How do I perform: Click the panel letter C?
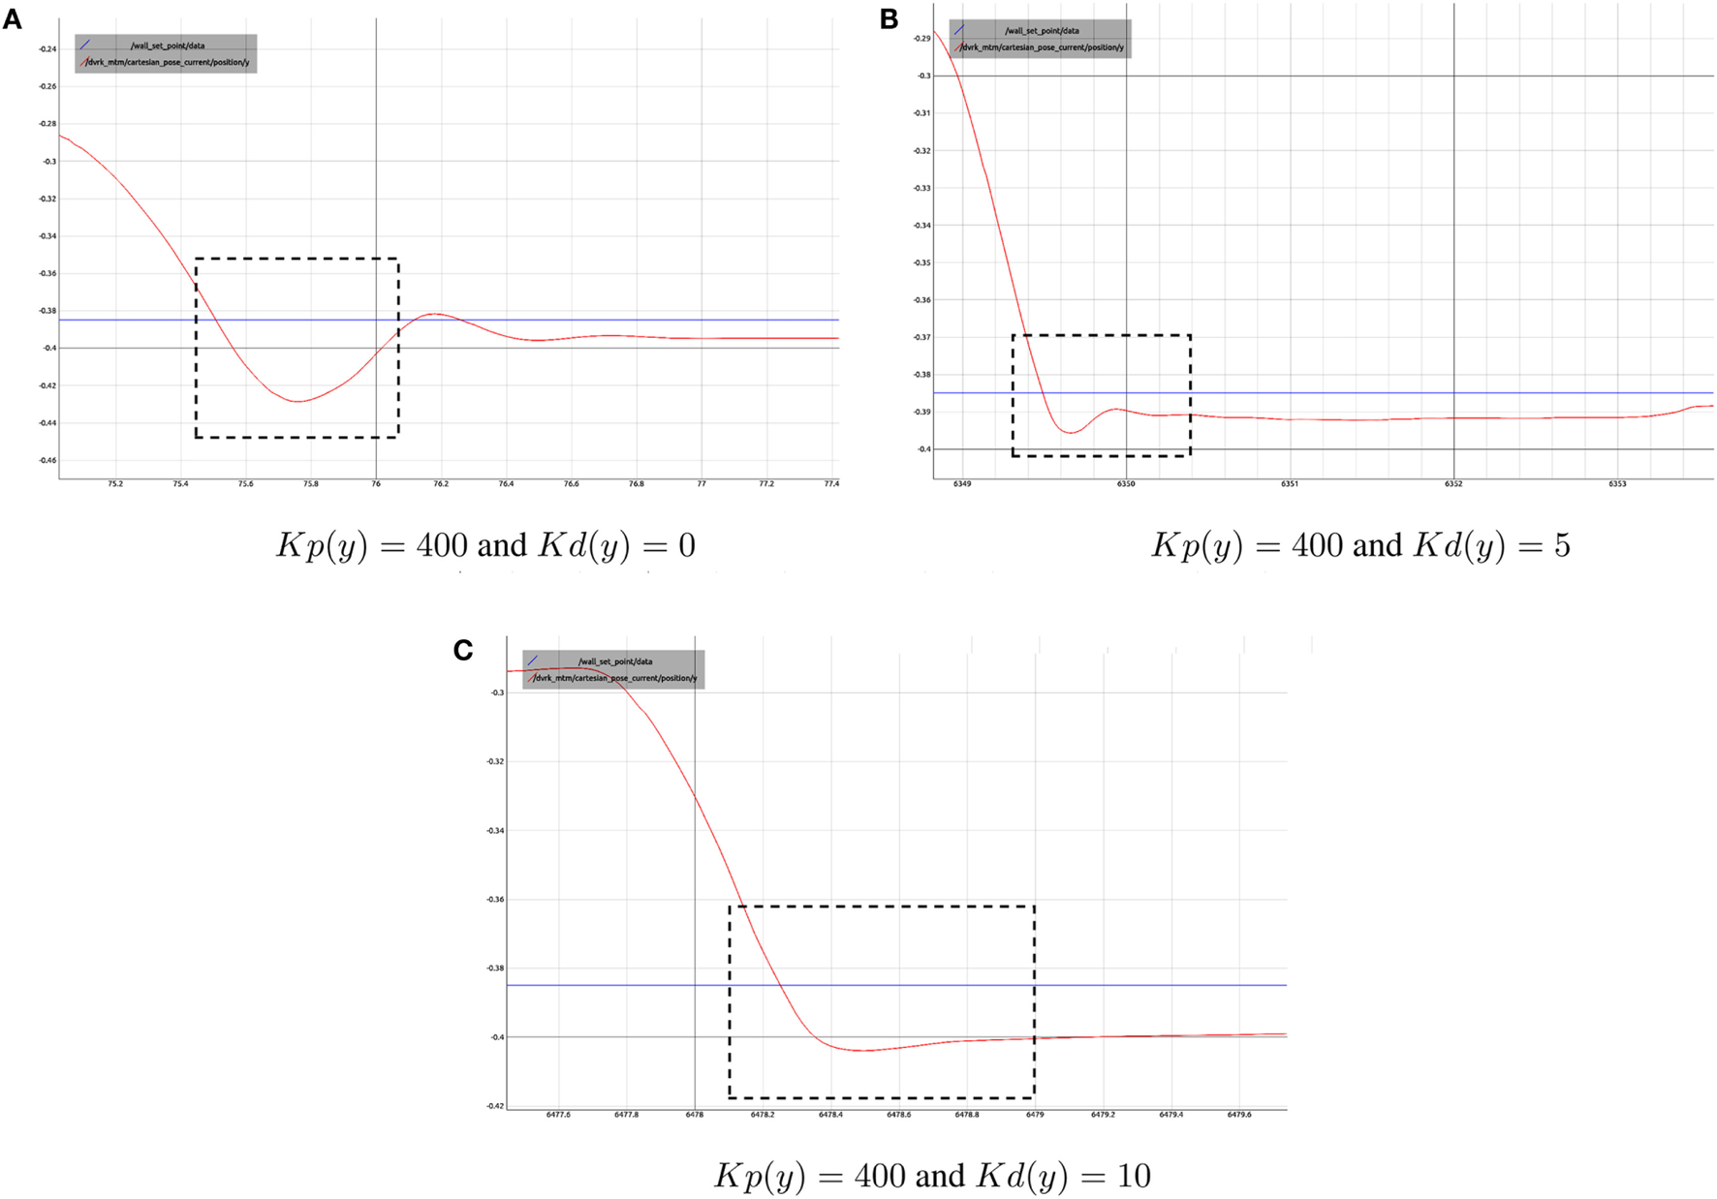click(x=463, y=650)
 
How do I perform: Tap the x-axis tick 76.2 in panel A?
click(x=441, y=483)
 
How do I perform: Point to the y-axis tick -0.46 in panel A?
click(x=47, y=460)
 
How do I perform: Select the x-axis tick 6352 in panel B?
click(x=1453, y=483)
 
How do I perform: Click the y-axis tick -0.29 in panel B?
click(x=921, y=39)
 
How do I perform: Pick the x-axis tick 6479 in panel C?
click(x=1035, y=1115)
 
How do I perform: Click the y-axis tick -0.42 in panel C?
click(x=495, y=1106)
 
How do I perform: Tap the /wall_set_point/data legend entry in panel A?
click(x=168, y=46)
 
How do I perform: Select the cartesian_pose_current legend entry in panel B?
click(x=1043, y=47)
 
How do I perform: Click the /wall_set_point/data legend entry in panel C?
click(x=615, y=661)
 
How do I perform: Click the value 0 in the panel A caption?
click(x=686, y=546)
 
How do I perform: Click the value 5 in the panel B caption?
click(x=1562, y=546)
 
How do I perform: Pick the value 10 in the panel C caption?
click(x=1133, y=1176)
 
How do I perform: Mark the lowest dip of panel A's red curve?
click(x=298, y=401)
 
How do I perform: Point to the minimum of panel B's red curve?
click(x=1072, y=432)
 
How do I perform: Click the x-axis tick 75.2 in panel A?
click(x=115, y=483)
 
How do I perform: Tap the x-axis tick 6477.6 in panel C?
click(x=558, y=1115)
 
